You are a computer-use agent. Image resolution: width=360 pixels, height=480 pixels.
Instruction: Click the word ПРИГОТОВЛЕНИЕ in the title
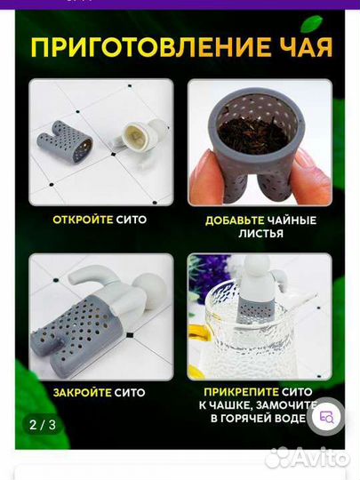(x=150, y=47)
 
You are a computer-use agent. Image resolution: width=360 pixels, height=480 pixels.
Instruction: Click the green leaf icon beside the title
(x=311, y=23)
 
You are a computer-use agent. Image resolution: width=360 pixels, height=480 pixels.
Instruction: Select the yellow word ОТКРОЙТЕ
(x=83, y=220)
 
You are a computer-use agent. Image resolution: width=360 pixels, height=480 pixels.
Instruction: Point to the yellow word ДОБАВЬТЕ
(x=235, y=220)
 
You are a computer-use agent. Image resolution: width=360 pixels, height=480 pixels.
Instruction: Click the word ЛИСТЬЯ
(x=260, y=234)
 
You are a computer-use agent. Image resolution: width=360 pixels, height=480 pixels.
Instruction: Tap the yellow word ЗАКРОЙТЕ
(x=82, y=393)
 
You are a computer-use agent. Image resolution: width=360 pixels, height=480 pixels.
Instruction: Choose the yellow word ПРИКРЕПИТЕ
(x=242, y=392)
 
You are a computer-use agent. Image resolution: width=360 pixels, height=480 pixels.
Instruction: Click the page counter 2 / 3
(x=43, y=425)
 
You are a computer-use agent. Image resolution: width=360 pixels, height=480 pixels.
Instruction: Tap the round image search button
(x=326, y=416)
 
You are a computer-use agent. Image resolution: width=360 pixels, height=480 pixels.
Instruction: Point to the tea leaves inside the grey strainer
(x=258, y=132)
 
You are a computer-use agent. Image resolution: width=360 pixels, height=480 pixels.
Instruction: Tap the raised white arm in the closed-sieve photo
(x=92, y=277)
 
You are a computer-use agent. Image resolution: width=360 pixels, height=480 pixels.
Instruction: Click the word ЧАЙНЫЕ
(x=292, y=220)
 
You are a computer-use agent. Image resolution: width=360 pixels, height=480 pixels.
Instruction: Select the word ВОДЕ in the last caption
(x=289, y=418)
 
